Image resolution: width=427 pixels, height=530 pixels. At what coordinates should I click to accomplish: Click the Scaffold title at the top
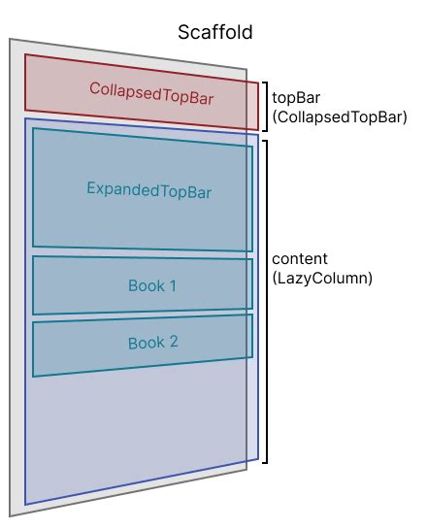point(214,32)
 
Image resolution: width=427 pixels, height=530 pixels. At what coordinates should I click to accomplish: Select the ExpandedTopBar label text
point(148,189)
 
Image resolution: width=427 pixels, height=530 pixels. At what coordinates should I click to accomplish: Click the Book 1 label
point(152,286)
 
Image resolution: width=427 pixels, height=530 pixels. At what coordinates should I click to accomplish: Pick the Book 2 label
point(152,343)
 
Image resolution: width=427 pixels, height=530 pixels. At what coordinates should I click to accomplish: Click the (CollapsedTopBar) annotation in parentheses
point(339,116)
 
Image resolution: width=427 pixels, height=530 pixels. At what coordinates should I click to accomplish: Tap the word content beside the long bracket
point(300,259)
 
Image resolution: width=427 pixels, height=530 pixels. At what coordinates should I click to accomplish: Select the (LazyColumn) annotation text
point(322,278)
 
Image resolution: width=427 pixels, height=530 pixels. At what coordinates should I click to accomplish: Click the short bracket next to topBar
point(264,106)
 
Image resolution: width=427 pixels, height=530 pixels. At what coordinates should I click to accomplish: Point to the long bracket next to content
point(265,301)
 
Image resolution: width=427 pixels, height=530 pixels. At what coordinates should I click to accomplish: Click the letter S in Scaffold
point(183,32)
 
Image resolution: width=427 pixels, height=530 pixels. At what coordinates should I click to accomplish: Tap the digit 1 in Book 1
point(173,286)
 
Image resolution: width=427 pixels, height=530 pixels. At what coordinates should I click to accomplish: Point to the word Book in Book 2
point(145,343)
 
